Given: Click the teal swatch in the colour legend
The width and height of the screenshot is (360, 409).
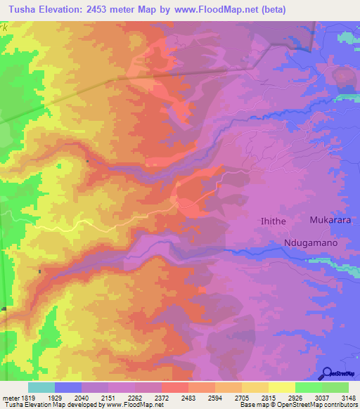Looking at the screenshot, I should click(x=41, y=387).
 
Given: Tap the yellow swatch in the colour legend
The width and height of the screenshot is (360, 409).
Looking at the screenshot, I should click(x=282, y=387).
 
